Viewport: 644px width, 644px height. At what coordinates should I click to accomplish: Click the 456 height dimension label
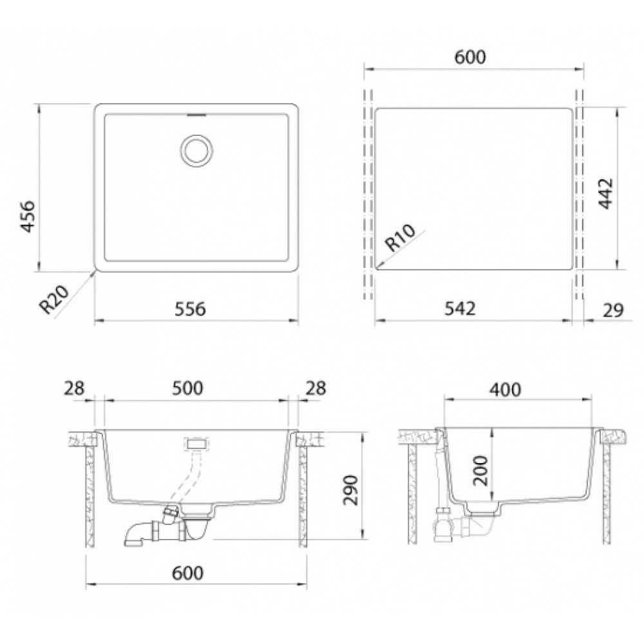[28, 216]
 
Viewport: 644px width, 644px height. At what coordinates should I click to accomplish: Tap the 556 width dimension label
[190, 309]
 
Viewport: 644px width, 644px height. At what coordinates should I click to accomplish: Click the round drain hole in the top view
[196, 150]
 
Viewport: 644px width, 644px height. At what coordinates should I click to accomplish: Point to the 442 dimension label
[605, 193]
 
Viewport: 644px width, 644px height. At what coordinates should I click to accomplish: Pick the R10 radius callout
[401, 238]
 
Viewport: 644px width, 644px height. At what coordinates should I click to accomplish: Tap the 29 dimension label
[613, 310]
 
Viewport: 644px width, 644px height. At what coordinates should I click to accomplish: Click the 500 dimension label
[187, 388]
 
